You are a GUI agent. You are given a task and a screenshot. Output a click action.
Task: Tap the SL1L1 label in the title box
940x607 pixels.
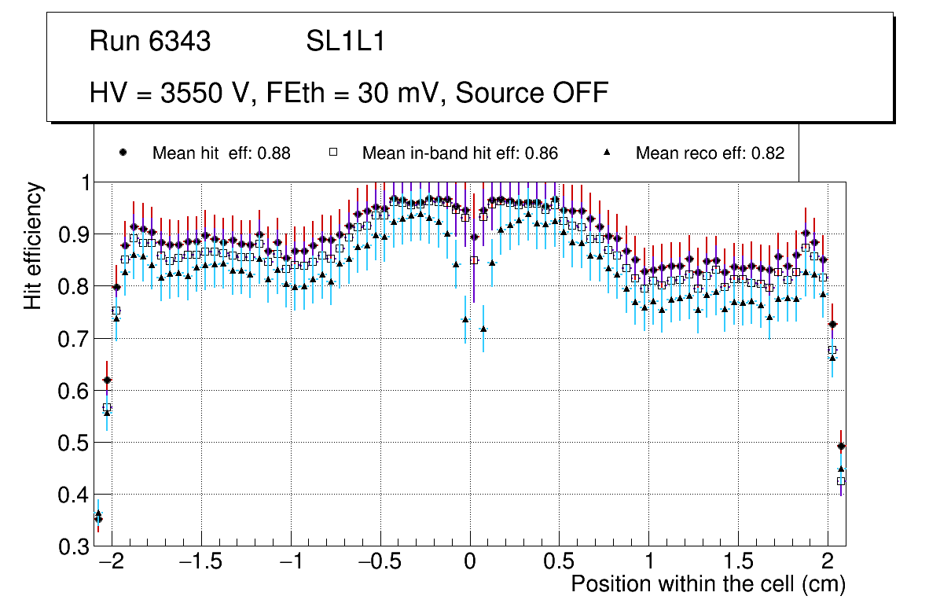(346, 42)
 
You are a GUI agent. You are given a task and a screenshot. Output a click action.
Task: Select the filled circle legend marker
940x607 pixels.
(123, 153)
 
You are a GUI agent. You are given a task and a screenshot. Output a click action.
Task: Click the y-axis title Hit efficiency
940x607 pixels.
(33, 246)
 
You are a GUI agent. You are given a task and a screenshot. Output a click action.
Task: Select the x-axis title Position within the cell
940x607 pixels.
(707, 584)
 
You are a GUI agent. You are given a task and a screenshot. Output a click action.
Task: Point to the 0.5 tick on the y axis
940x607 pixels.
(73, 443)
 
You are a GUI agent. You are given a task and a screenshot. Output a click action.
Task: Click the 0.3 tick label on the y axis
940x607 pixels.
(73, 547)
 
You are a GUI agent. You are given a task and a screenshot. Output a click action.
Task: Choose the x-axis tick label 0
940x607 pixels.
(470, 564)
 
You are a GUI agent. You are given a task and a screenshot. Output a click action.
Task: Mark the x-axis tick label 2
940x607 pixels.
(828, 564)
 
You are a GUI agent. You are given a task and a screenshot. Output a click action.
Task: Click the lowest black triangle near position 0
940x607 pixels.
(483, 329)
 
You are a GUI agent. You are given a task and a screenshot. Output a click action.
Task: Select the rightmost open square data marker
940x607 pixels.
(841, 480)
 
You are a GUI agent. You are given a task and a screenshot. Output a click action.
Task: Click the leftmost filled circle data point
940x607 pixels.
(98, 519)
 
